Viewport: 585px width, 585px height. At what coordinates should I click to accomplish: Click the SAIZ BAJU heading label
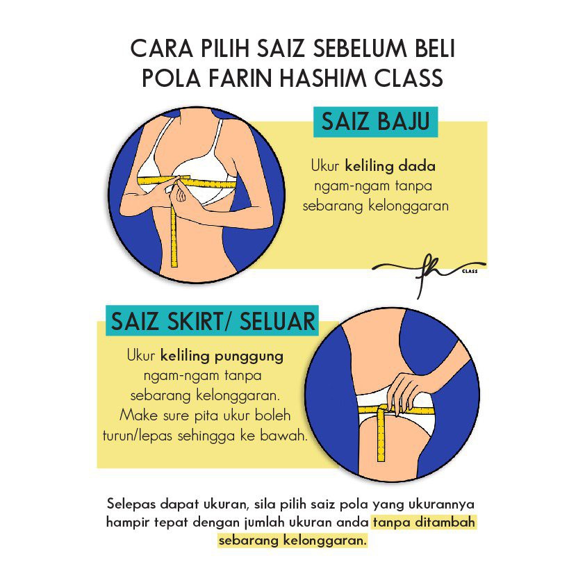(x=375, y=122)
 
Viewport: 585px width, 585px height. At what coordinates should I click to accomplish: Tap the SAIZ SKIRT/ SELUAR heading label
(x=213, y=321)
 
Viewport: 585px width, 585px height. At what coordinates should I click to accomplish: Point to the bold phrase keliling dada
(x=390, y=165)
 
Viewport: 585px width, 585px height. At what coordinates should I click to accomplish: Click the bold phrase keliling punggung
(x=222, y=356)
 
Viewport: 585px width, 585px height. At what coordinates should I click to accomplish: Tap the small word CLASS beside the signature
(x=470, y=271)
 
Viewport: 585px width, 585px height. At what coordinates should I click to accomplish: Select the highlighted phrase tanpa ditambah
(x=425, y=522)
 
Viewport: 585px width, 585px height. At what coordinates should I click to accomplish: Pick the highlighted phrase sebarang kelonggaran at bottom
(x=293, y=541)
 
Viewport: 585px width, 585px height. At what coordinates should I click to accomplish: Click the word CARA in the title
(x=162, y=49)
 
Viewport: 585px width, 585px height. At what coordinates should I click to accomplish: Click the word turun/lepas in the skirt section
(x=138, y=436)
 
